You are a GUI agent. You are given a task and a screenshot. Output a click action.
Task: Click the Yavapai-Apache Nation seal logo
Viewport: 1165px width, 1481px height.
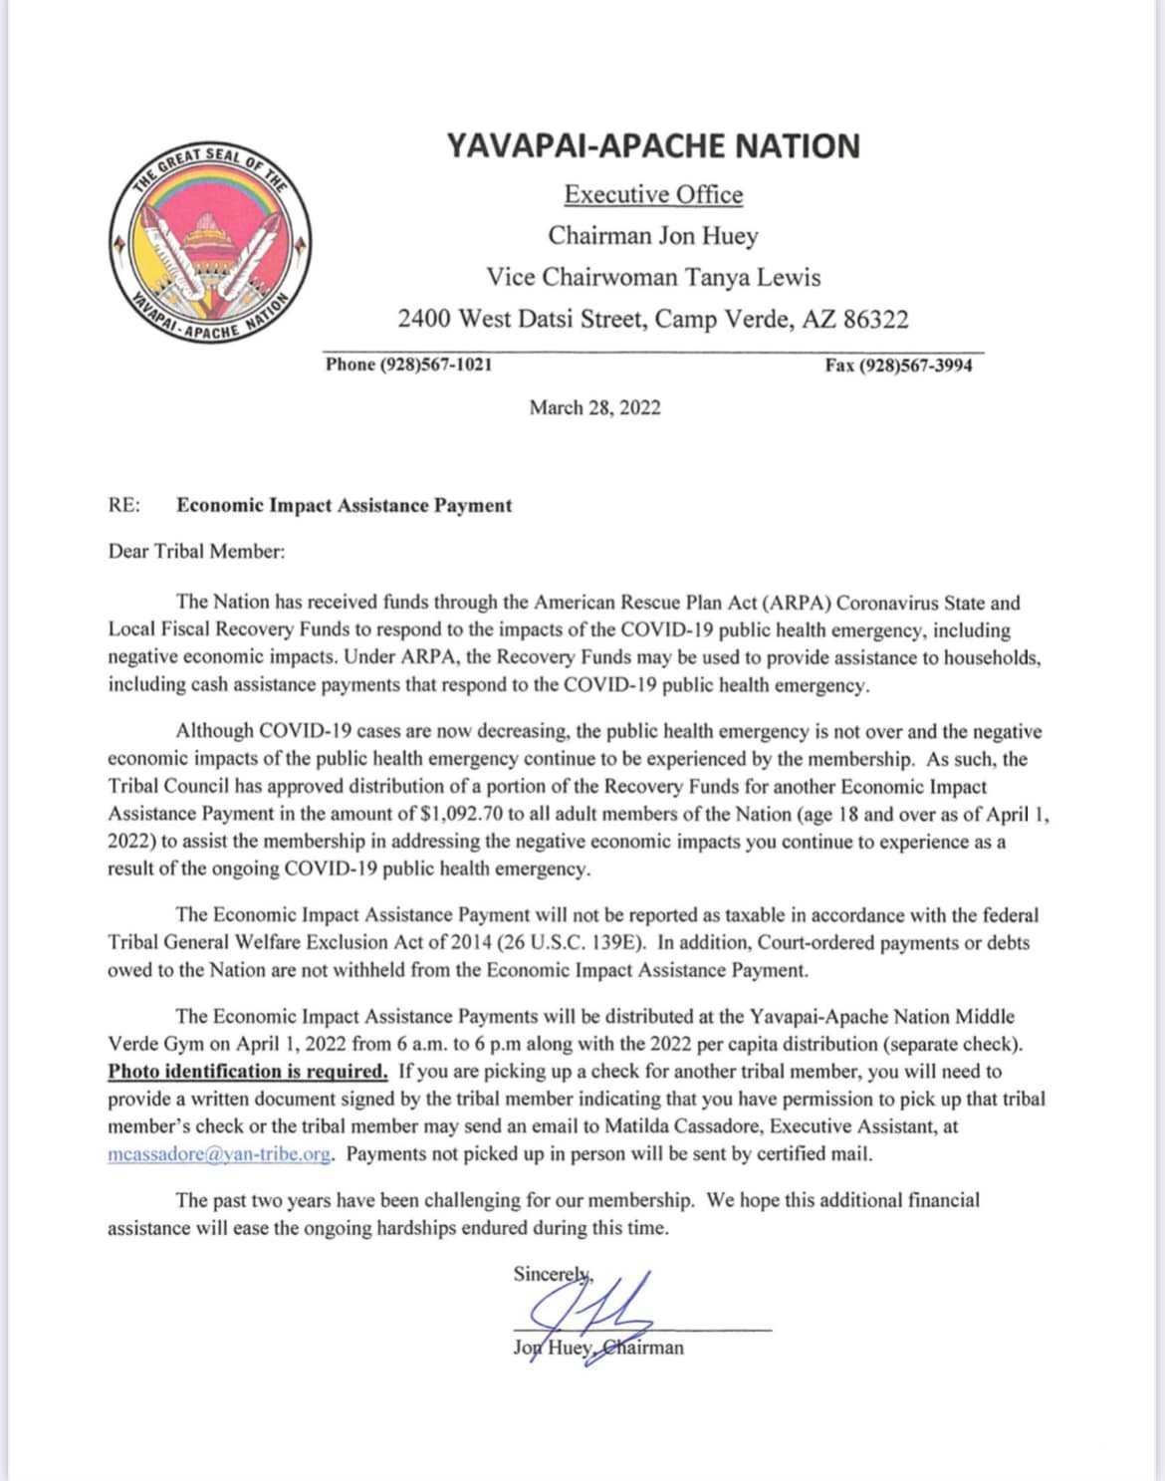(210, 243)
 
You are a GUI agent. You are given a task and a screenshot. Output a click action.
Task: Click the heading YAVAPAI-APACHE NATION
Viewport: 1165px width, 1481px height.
(653, 146)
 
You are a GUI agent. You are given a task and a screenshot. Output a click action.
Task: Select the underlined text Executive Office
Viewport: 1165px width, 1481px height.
(653, 194)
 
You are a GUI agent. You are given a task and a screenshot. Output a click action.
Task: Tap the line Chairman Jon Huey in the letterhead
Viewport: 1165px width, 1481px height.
(653, 236)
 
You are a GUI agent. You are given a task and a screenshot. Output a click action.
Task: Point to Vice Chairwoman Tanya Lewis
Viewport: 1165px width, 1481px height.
(653, 277)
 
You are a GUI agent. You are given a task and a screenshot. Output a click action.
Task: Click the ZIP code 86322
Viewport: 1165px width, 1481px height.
(875, 319)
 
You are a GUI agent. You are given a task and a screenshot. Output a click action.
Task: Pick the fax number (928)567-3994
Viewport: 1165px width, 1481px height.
(916, 366)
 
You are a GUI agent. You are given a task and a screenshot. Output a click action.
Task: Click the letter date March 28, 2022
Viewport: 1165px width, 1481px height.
(594, 407)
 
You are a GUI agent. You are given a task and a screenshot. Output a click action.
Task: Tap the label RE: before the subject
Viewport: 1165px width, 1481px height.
(124, 505)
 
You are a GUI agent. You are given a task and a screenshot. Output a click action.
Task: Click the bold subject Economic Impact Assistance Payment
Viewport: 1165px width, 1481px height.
(344, 505)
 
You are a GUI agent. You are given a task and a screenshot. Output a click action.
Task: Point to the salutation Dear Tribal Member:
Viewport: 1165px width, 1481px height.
(196, 551)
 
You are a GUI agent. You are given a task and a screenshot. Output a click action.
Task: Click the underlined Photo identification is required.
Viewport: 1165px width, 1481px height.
(248, 1072)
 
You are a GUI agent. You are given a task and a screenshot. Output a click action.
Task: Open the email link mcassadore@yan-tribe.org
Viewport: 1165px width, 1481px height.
(219, 1154)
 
